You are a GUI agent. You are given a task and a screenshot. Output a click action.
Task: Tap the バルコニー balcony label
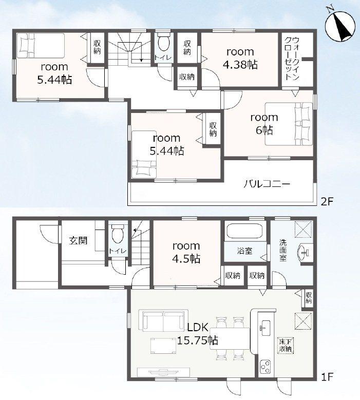point(267,184)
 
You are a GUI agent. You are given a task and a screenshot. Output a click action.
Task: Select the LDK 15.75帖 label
point(198,334)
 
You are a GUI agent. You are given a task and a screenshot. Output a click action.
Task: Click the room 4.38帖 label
point(240,59)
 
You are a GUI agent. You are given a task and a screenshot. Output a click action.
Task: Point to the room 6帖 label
point(264,124)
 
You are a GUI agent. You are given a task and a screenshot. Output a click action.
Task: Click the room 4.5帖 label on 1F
point(186,253)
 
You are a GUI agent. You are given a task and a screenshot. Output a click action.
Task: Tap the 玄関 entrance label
point(78,240)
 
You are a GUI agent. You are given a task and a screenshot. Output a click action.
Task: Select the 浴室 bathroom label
point(244,251)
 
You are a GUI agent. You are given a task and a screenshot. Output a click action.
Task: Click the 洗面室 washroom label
point(282,250)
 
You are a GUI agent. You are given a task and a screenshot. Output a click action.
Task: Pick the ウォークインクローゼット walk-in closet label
point(292,59)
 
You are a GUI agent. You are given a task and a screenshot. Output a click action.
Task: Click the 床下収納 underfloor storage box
point(286,346)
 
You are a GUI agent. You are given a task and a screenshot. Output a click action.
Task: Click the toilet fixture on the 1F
point(118,233)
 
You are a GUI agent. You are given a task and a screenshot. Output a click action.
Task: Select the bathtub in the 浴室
point(244,231)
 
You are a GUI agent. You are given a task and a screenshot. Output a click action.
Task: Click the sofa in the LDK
point(163,320)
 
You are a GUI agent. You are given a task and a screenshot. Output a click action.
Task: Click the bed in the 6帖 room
point(289,124)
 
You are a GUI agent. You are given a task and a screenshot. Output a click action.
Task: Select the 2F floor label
point(327,202)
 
